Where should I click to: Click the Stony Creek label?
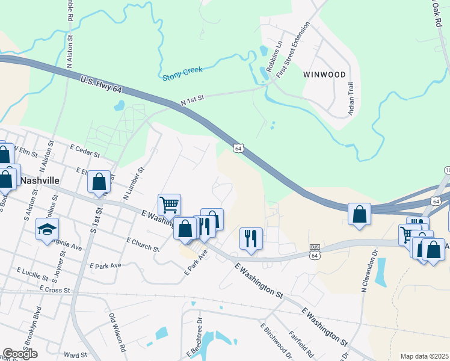coord(183,73)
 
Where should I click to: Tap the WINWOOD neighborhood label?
coord(325,75)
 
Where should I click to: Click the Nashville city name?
coord(40,180)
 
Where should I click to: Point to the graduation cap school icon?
coord(47,229)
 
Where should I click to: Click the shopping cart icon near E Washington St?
coord(170,205)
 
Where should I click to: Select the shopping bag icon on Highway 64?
coord(359,214)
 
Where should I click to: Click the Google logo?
coord(20,354)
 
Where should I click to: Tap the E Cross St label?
coord(55,290)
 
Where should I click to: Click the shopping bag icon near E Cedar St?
coord(99,181)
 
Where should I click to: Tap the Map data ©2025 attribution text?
coord(424,356)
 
